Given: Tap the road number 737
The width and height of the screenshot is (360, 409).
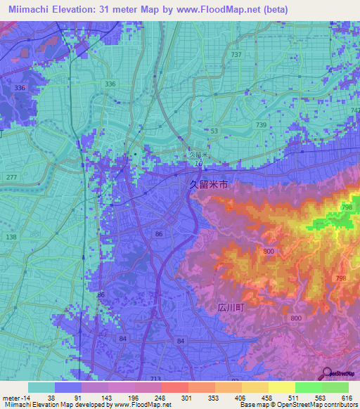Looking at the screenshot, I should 236,55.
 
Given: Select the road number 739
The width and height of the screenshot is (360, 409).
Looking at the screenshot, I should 262,124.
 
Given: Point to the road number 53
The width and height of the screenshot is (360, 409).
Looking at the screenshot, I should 214,131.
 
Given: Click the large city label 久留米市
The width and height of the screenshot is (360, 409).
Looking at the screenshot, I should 209,185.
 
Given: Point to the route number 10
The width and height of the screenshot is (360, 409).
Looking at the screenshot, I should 199,164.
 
